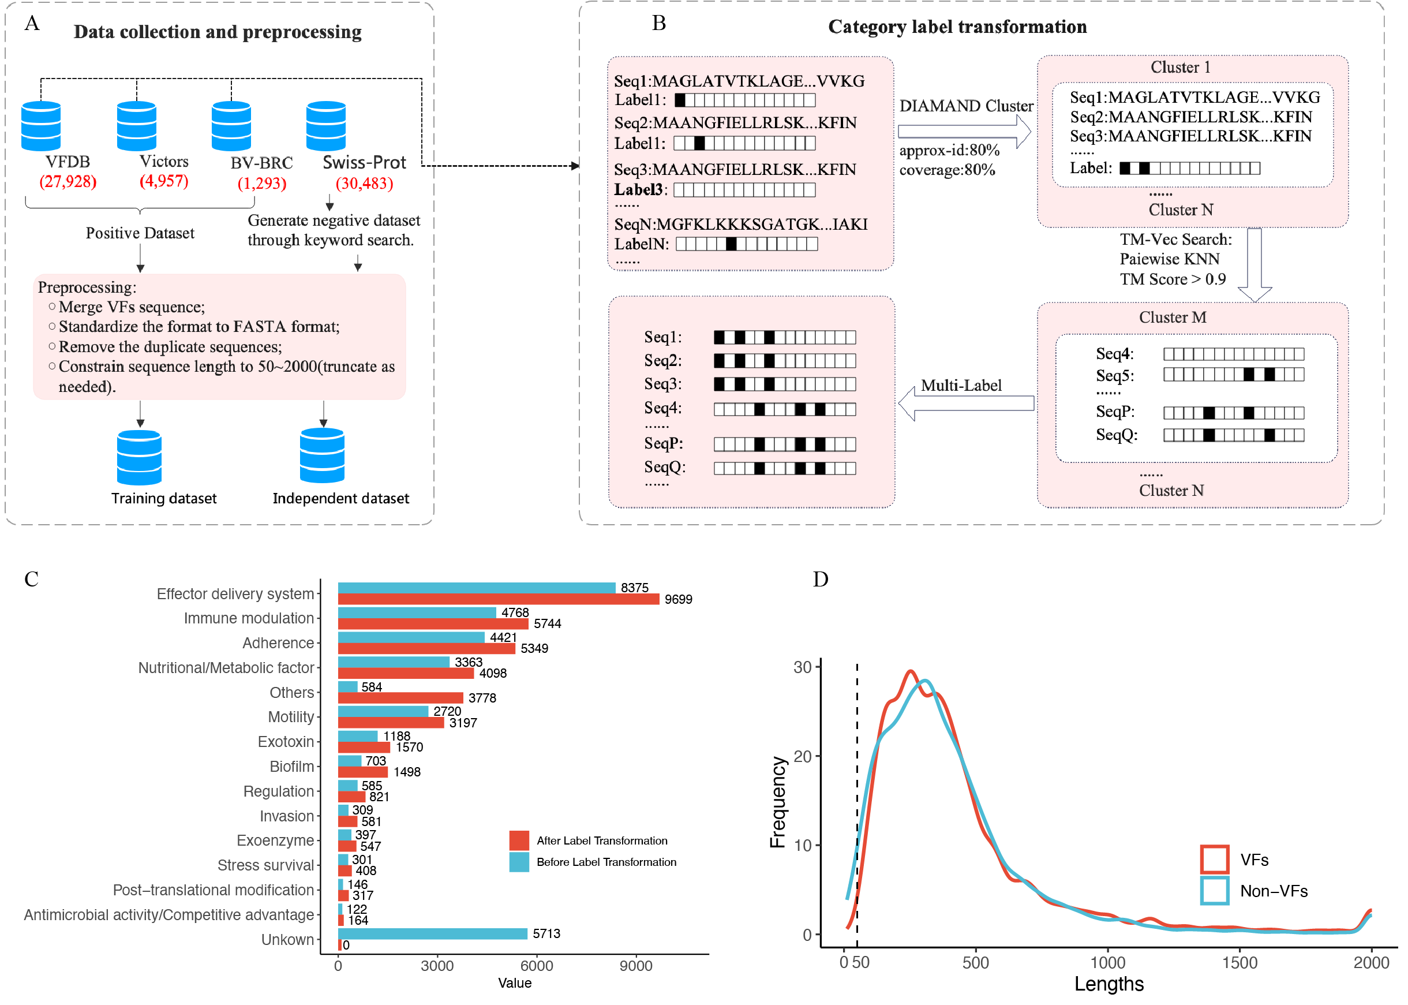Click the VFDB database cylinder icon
(x=41, y=126)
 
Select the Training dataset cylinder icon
(x=139, y=457)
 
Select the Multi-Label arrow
(x=965, y=404)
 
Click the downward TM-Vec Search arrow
(x=1254, y=264)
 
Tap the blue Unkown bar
(x=432, y=933)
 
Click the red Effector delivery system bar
(x=498, y=599)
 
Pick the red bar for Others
(x=400, y=697)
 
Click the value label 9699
(x=678, y=599)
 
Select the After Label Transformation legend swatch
(x=519, y=840)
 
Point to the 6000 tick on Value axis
(x=536, y=965)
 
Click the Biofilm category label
(x=291, y=766)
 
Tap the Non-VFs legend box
(x=1214, y=891)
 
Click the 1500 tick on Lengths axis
(x=1239, y=962)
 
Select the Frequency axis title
(x=777, y=801)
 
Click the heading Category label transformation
(x=957, y=27)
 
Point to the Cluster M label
(x=1173, y=317)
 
